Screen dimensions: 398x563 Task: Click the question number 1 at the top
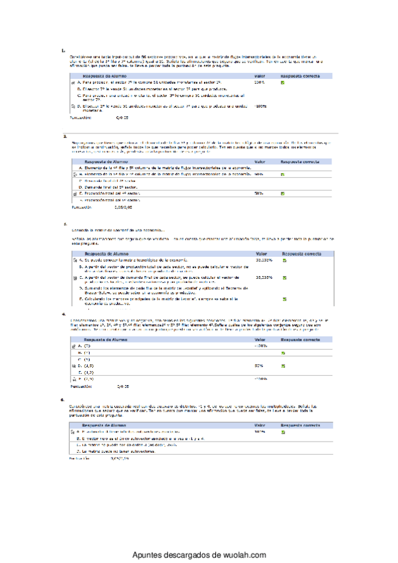62,50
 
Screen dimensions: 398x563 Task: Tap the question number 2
62,135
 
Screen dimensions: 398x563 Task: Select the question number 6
62,400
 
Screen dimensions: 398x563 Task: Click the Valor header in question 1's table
260,76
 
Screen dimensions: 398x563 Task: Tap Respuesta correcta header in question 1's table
296,76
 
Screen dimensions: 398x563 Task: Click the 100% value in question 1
259,82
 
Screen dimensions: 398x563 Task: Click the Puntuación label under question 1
82,116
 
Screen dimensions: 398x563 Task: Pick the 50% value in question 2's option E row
258,193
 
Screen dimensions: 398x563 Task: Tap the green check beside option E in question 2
282,193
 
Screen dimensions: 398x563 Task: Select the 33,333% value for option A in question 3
264,260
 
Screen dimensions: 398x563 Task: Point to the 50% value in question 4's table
259,365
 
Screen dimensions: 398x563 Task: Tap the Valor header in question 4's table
260,339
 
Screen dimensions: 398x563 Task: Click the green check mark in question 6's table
282,432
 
